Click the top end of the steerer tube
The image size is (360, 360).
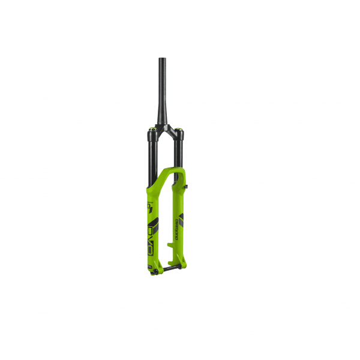tap(162, 59)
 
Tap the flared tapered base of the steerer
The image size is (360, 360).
tap(163, 118)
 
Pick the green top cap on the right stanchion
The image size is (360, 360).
tap(178, 127)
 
